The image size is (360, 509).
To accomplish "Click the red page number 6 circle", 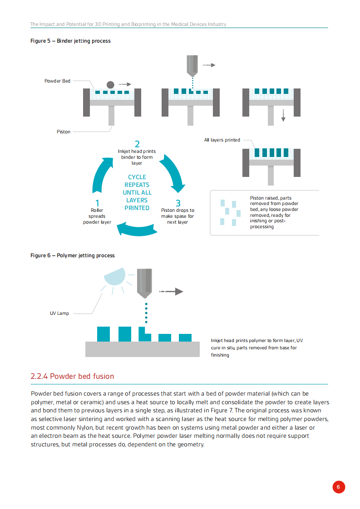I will pyautogui.click(x=338, y=487).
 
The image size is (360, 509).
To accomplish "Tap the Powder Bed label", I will pyautogui.click(x=57, y=81).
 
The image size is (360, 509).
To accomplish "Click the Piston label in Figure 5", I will pyautogui.click(x=64, y=132).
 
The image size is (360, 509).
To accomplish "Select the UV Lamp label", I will pyautogui.click(x=59, y=313).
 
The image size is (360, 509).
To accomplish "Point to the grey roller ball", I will pyautogui.click(x=110, y=84).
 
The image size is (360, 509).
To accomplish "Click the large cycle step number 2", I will pyautogui.click(x=137, y=145).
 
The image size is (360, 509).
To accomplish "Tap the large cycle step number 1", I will pyautogui.click(x=97, y=203).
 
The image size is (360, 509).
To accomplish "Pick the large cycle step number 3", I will pyautogui.click(x=178, y=203).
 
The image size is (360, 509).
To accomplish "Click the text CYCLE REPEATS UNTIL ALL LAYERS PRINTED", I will pyautogui.click(x=137, y=192).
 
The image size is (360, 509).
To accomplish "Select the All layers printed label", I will pyautogui.click(x=222, y=140).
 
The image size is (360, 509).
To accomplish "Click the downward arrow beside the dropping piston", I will pyautogui.click(x=283, y=115).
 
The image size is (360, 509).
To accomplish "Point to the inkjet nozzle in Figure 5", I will pyautogui.click(x=192, y=65).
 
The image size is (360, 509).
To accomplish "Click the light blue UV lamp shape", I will pyautogui.click(x=115, y=276).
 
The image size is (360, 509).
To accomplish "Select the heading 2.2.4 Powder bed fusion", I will pyautogui.click(x=72, y=376).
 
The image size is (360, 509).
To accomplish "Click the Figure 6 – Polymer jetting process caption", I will pyautogui.click(x=73, y=255).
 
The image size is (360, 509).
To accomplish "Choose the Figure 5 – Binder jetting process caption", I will pyautogui.click(x=70, y=41).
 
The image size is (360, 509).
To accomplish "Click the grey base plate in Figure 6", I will pyautogui.click(x=143, y=349).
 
